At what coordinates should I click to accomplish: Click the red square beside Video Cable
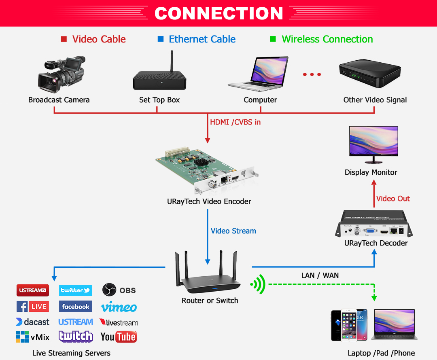[64, 39]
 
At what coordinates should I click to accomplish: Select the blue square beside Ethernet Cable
[160, 39]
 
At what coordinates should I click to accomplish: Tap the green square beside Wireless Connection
[273, 39]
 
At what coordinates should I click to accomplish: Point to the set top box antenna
[172, 61]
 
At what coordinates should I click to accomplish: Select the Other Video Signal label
[375, 100]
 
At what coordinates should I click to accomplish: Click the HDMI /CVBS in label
[235, 122]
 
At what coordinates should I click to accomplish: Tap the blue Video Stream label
[233, 231]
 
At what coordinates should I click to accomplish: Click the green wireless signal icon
[258, 284]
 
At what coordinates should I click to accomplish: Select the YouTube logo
[118, 337]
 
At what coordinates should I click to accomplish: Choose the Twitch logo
[76, 337]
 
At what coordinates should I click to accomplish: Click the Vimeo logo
[119, 307]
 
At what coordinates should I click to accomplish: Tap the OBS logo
[119, 290]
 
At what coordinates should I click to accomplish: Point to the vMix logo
[32, 337]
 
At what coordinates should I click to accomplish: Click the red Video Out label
[392, 199]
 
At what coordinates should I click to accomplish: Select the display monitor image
[373, 142]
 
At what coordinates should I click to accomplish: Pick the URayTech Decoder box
[374, 224]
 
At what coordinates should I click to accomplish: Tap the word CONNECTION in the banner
[218, 13]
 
